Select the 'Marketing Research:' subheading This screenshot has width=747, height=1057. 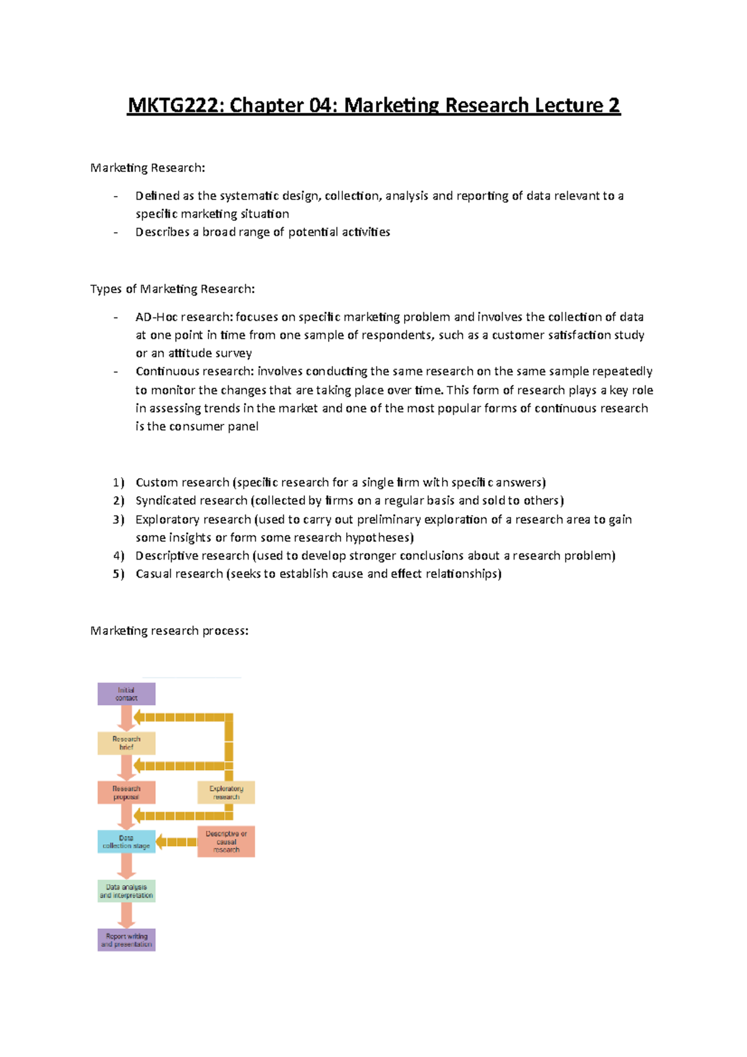[148, 167]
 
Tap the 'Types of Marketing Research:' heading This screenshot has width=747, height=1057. [172, 289]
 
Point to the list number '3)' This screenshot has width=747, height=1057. [118, 519]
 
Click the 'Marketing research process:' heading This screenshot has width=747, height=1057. [169, 631]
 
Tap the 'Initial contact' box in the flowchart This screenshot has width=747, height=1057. [126, 694]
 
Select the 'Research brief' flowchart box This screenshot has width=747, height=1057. [126, 743]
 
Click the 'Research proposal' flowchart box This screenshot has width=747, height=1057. [126, 792]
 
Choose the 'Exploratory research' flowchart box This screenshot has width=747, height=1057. [226, 792]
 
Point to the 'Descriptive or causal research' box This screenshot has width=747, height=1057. [226, 842]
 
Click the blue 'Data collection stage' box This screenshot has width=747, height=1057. [126, 842]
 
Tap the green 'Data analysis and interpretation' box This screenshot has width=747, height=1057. [126, 891]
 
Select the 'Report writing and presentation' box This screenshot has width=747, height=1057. [126, 940]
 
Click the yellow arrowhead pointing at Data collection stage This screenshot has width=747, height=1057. [161, 842]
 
